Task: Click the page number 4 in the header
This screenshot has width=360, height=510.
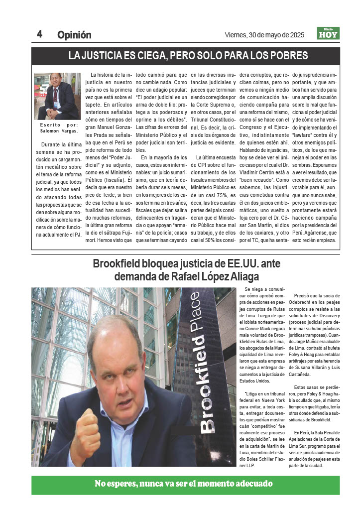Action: coord(39,34)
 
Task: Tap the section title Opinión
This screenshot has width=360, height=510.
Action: coord(74,35)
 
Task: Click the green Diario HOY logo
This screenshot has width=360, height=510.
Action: coord(328,33)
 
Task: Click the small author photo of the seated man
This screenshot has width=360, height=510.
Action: coord(56,96)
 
